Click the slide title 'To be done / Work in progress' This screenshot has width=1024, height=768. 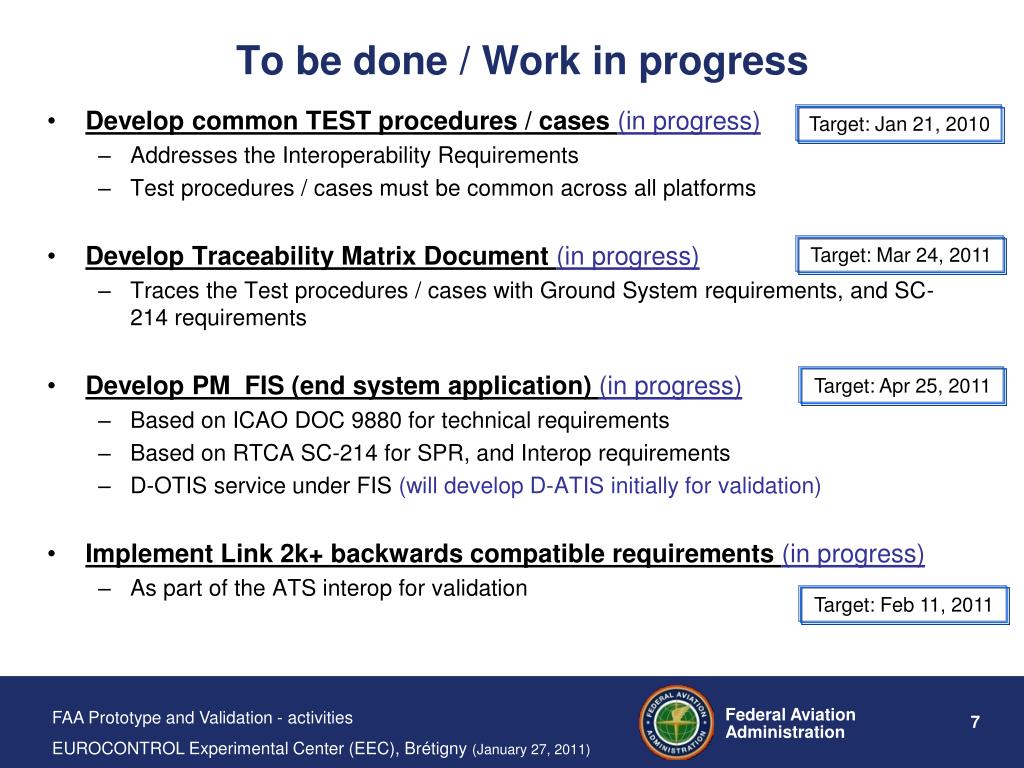pos(522,61)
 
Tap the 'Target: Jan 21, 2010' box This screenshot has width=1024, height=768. pos(899,124)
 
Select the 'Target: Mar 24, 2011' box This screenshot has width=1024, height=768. pos(901,255)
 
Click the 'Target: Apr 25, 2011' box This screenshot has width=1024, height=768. pos(902,386)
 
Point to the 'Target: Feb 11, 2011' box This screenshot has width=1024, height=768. pos(903,605)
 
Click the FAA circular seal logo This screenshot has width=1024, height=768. pos(677,722)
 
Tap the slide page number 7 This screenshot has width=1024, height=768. pos(975,722)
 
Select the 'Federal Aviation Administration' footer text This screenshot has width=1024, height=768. pos(790,723)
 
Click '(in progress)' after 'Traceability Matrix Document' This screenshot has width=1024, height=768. pos(628,256)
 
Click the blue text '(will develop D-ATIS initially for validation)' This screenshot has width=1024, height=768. pos(610,486)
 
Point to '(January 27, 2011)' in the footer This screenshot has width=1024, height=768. pos(531,750)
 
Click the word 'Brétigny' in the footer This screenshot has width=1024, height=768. pos(436,748)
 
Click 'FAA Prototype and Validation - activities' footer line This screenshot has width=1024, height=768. pos(202,718)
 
